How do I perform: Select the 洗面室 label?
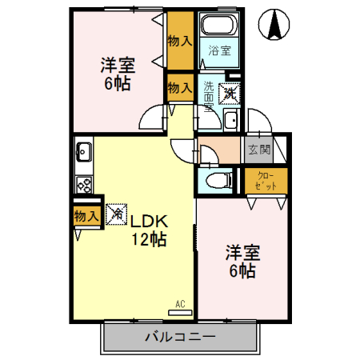point(209,97)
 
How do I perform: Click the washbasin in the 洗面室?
point(230,121)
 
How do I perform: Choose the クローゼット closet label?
point(266,180)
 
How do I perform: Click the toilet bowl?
point(217,180)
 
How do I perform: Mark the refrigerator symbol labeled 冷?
point(116,214)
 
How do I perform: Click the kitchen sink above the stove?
point(84,150)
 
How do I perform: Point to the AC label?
point(181,303)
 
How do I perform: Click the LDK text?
point(149,221)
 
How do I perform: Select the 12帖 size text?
point(149,239)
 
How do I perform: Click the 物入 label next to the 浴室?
point(180,41)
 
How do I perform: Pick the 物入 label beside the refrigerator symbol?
point(86,215)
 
